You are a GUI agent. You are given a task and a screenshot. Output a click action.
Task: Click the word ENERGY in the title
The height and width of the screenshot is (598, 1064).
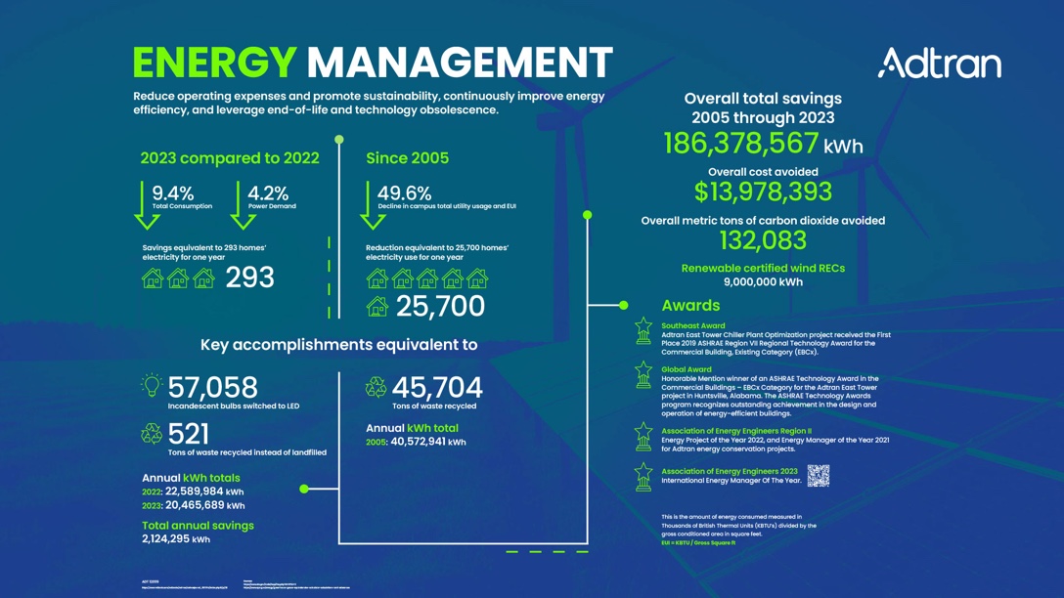(x=214, y=63)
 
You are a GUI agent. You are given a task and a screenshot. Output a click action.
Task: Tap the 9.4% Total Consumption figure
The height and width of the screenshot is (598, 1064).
(x=173, y=193)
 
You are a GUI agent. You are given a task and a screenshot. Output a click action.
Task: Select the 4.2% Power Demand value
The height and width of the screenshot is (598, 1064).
(x=268, y=193)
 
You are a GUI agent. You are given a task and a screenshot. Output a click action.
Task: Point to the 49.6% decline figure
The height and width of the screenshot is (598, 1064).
(x=404, y=193)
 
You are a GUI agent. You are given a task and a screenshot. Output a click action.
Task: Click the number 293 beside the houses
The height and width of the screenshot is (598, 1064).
(x=249, y=278)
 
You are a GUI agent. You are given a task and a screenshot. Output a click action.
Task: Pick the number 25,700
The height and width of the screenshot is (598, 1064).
(x=440, y=307)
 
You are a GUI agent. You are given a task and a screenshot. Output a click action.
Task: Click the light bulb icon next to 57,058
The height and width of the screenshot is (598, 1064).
(x=152, y=386)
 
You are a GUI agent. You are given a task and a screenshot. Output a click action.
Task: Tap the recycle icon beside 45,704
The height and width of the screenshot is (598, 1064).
(x=376, y=388)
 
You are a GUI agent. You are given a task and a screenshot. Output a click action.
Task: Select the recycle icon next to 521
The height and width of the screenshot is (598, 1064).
(x=152, y=433)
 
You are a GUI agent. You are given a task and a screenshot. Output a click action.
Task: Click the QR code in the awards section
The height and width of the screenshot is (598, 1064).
(x=819, y=476)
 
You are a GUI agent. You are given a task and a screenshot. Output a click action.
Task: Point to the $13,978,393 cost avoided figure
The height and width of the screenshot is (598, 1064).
(x=763, y=192)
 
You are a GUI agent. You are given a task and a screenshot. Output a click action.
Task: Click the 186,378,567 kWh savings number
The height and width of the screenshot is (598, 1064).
(x=741, y=144)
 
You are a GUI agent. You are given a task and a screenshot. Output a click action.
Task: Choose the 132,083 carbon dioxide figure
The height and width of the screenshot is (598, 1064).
(x=763, y=240)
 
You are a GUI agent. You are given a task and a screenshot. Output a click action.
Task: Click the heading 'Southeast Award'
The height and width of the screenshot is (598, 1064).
(x=692, y=326)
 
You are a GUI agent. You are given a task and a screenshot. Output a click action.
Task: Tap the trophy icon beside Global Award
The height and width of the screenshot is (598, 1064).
(x=643, y=375)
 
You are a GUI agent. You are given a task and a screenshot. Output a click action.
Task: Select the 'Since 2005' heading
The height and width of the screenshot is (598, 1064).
(x=407, y=158)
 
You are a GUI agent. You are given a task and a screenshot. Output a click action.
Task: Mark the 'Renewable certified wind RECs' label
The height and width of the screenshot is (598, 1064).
(x=763, y=268)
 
